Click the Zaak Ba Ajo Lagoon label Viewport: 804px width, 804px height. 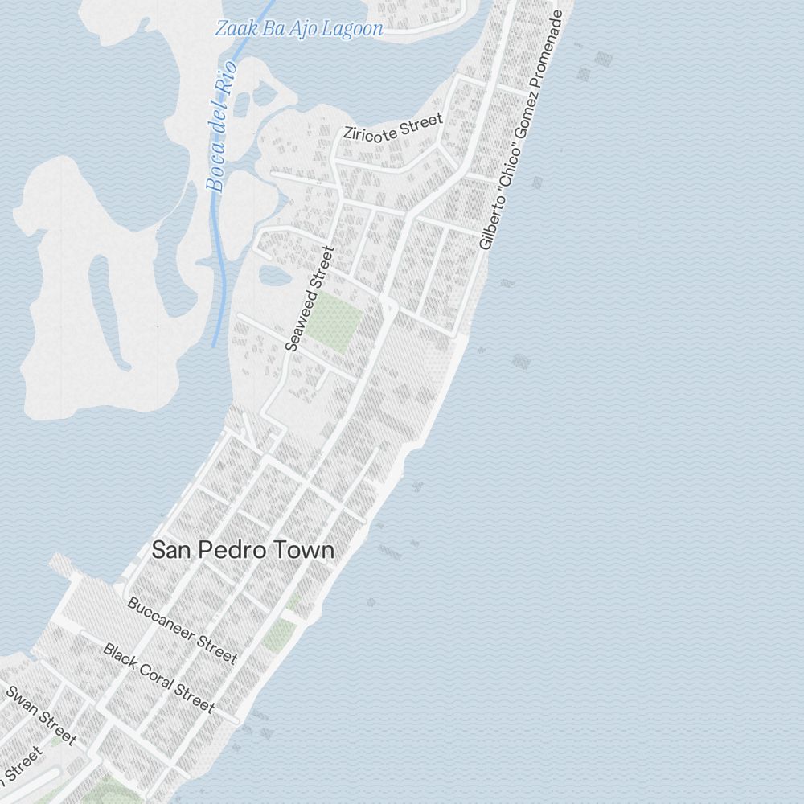(x=298, y=30)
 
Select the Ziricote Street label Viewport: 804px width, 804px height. (x=392, y=127)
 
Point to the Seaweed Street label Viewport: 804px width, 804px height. (x=309, y=298)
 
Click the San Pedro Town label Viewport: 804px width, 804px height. (x=243, y=551)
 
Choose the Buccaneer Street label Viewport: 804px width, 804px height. (x=183, y=630)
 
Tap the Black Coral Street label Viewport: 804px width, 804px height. (x=159, y=677)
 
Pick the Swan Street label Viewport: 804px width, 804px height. (x=41, y=714)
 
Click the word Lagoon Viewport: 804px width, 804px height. (x=351, y=30)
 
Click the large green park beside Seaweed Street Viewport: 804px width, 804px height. (x=336, y=322)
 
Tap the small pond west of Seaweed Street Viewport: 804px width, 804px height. (x=274, y=276)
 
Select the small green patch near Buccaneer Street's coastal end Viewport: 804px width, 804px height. (x=278, y=634)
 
